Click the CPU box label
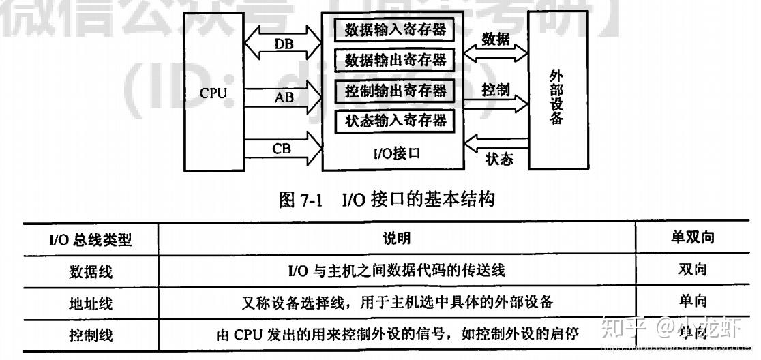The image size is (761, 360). (x=213, y=93)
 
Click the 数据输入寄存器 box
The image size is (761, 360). (x=394, y=30)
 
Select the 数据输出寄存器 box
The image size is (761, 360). (x=394, y=60)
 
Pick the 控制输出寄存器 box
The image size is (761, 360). (x=394, y=90)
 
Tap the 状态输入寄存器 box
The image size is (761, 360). (x=394, y=121)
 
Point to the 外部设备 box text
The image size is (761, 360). (x=556, y=95)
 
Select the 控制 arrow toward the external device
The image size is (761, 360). (x=496, y=102)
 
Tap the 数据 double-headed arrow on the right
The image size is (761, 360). (x=496, y=50)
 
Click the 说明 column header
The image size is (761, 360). (x=396, y=239)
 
